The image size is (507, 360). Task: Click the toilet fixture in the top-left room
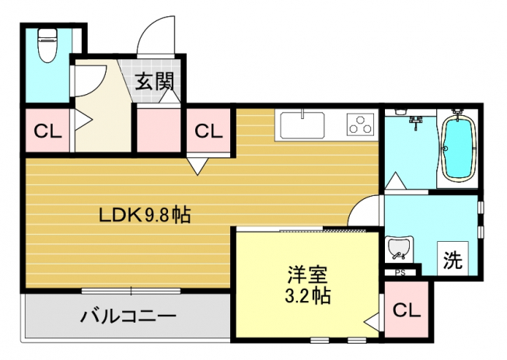coord(47,44)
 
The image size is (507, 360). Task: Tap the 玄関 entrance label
coord(154,81)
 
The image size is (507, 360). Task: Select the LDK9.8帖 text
coord(145,215)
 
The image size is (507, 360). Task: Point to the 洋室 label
coord(307,275)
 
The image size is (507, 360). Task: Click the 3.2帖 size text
coord(307,295)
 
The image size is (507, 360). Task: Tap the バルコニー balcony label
coord(128,316)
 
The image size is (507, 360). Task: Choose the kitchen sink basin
coord(302,124)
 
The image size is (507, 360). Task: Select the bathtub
coord(458,145)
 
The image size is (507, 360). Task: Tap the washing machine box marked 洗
coord(453,258)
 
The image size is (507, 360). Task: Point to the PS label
coord(400,273)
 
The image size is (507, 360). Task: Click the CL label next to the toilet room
coord(47,131)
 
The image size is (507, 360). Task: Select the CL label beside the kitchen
coord(208,131)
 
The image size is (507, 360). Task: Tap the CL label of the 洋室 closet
coord(407,311)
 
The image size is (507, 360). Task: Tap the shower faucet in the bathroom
coord(415,123)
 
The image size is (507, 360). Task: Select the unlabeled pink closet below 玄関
coord(159,130)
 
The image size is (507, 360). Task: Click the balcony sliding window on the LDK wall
coord(131,291)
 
